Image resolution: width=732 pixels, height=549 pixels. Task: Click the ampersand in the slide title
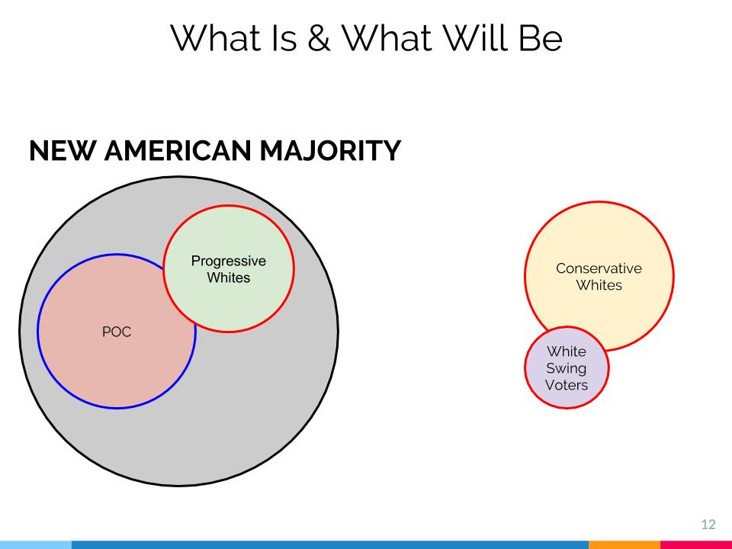(319, 38)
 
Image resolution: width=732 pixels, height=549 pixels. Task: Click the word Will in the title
(475, 37)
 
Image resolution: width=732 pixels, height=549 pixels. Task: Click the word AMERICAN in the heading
(178, 150)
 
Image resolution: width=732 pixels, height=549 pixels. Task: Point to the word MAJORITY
(330, 150)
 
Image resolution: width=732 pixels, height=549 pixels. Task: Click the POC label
(117, 332)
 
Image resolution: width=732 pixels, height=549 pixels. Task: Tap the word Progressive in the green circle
(229, 262)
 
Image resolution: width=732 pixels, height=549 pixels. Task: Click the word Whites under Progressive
(229, 278)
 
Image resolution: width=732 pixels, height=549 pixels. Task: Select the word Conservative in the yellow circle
(599, 268)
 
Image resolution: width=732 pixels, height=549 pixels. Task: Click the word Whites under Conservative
(599, 285)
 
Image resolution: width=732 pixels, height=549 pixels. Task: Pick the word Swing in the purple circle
(567, 369)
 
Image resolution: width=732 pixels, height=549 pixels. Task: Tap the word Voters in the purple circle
(567, 385)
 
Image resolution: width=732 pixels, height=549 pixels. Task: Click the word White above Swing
(567, 352)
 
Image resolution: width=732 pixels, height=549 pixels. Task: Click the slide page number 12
(708, 525)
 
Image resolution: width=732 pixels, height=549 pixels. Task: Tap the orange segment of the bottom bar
(624, 544)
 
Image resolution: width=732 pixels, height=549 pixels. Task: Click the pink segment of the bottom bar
(696, 544)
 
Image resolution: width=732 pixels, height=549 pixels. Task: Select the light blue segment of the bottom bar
(36, 544)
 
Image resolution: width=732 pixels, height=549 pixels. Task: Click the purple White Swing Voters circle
(567, 368)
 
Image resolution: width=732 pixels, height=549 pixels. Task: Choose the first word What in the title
(215, 37)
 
